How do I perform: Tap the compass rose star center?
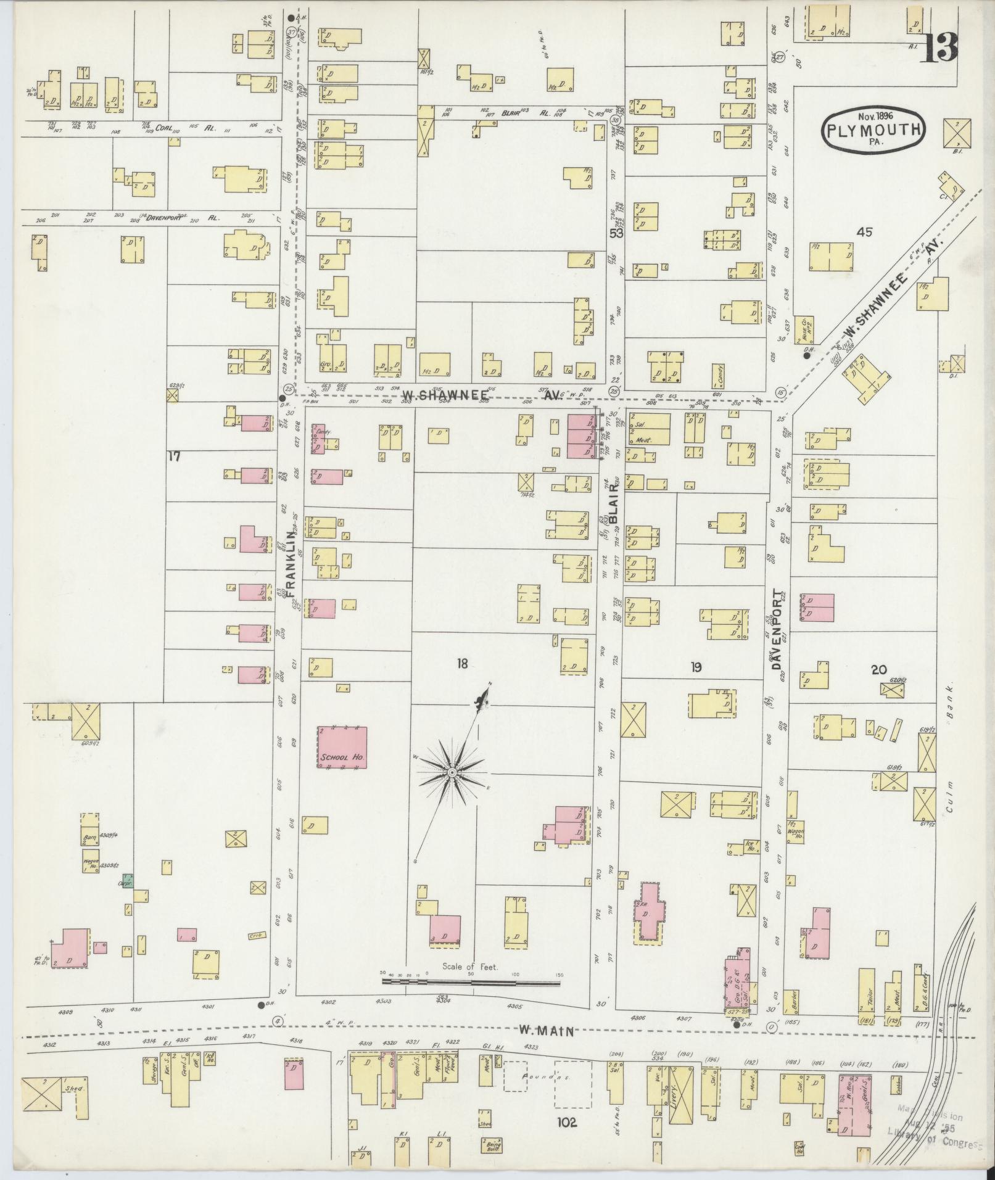pyautogui.click(x=452, y=772)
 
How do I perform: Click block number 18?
pyautogui.click(x=462, y=664)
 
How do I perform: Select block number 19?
pyautogui.click(x=696, y=667)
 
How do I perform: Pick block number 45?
pyautogui.click(x=864, y=232)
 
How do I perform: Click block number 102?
pyautogui.click(x=566, y=1123)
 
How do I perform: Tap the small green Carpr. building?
pyautogui.click(x=128, y=879)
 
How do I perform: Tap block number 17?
pyautogui.click(x=174, y=456)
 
